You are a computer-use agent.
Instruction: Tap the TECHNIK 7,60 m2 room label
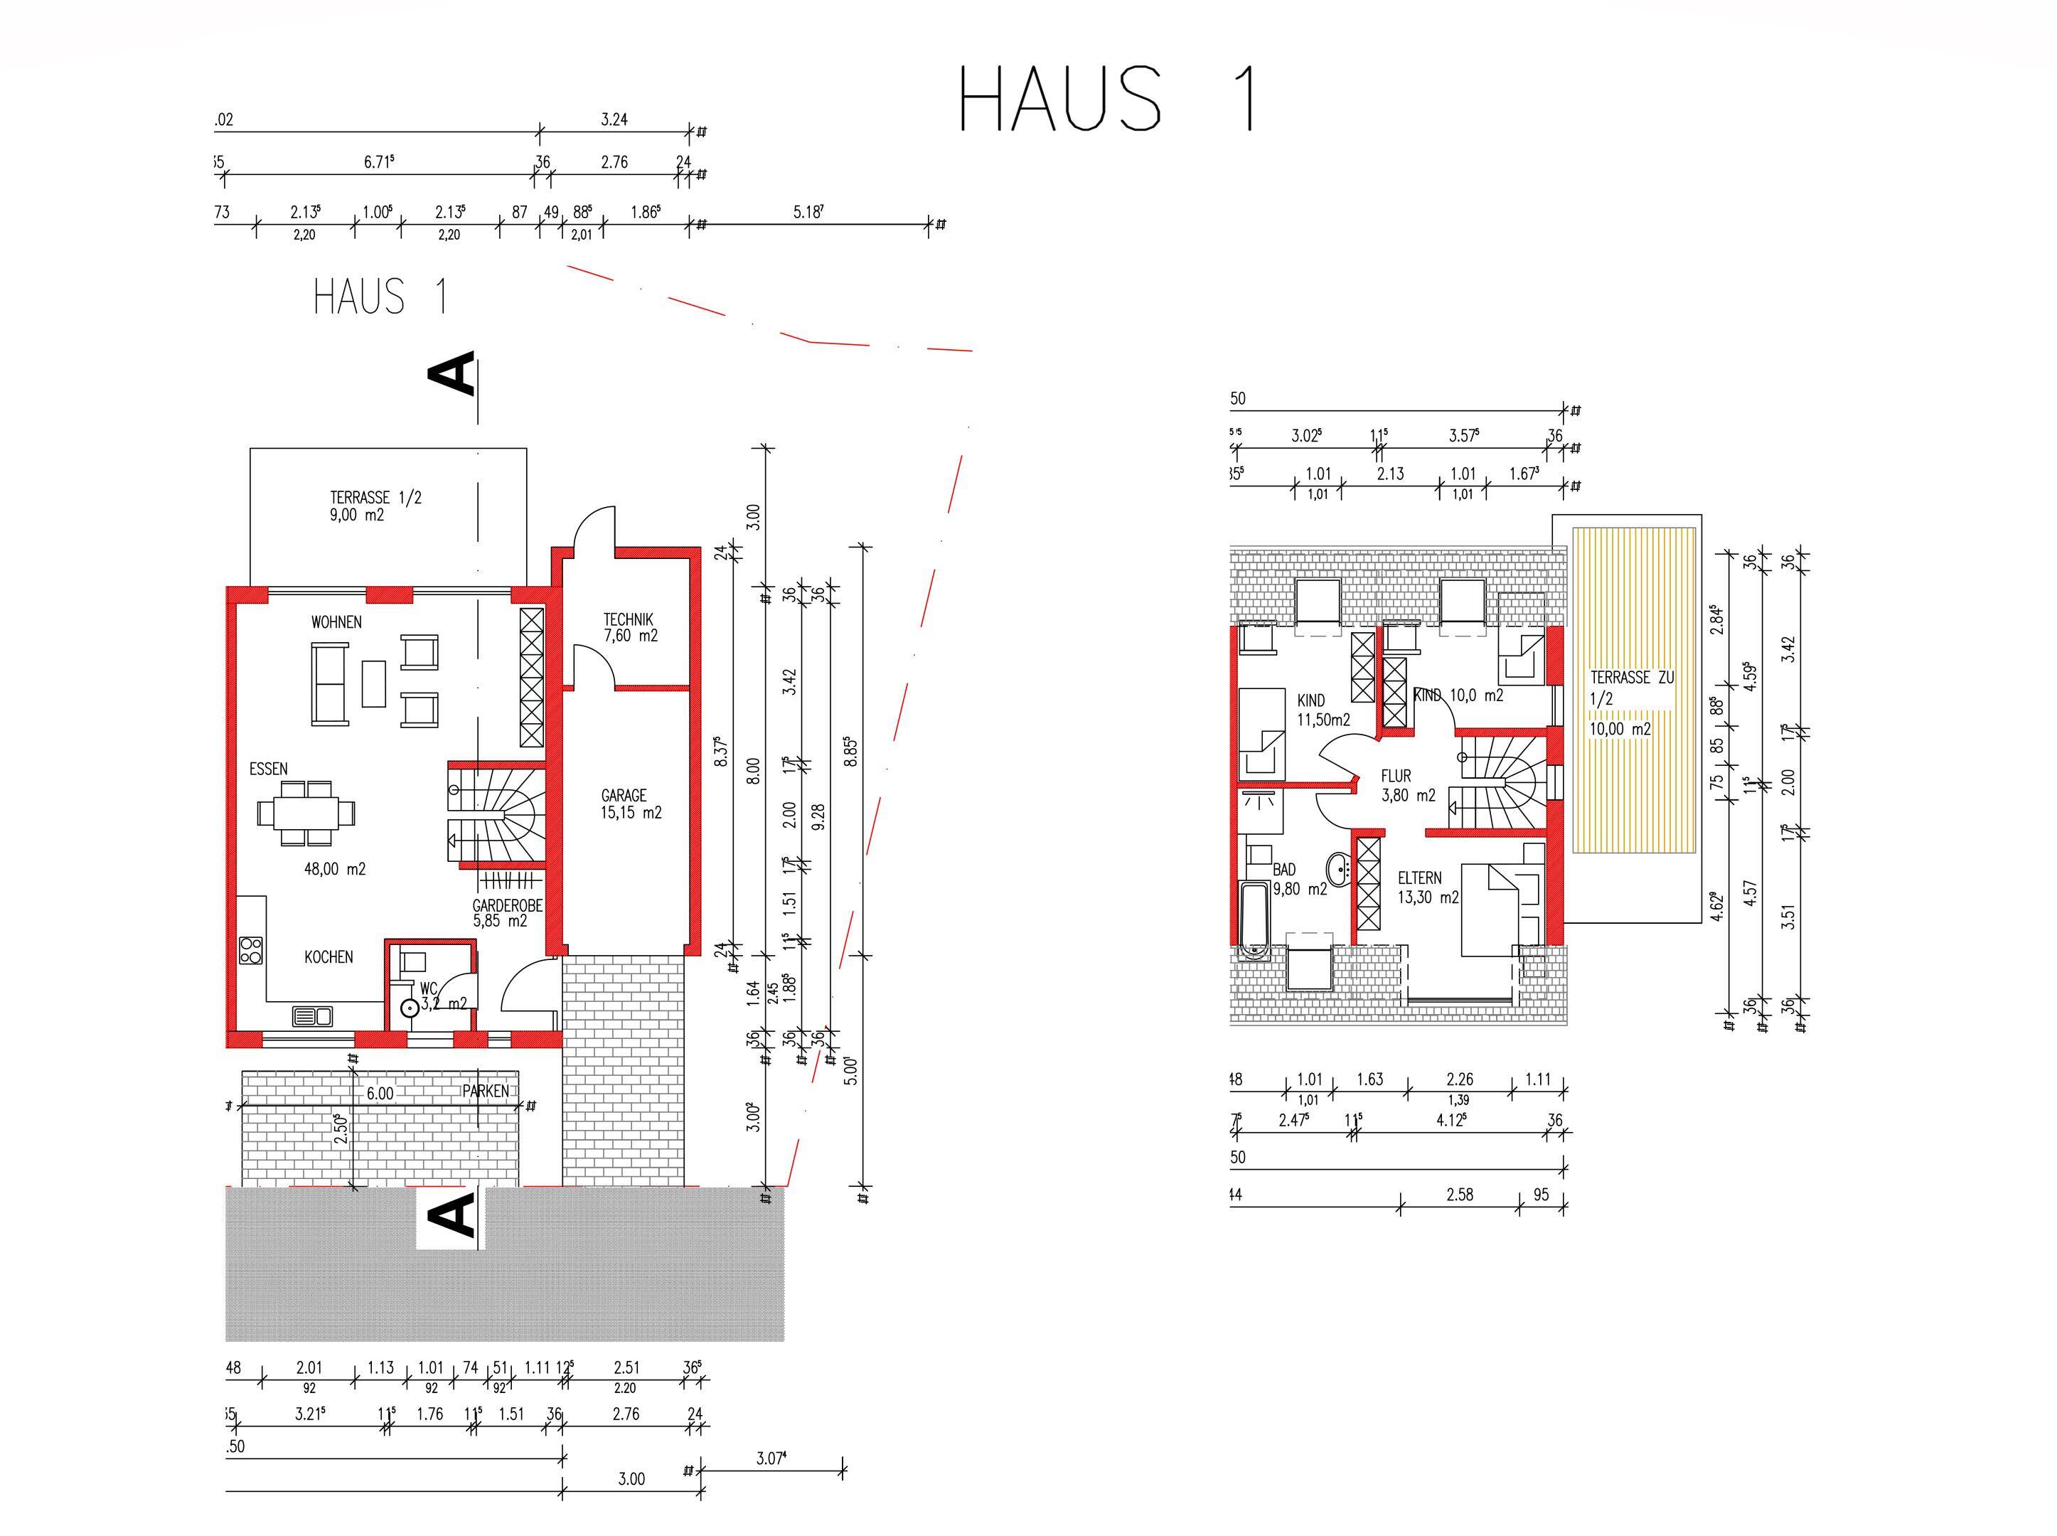click(629, 628)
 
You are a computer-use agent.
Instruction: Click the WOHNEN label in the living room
click(336, 622)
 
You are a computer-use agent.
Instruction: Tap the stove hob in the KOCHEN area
click(251, 949)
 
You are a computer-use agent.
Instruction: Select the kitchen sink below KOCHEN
click(312, 1016)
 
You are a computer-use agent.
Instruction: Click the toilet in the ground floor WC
click(408, 1008)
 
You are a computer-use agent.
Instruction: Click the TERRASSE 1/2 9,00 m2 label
click(375, 506)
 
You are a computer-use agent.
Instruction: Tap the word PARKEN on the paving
click(485, 1091)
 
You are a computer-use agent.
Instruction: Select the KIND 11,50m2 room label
click(1323, 710)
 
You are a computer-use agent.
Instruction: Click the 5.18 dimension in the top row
click(808, 212)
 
